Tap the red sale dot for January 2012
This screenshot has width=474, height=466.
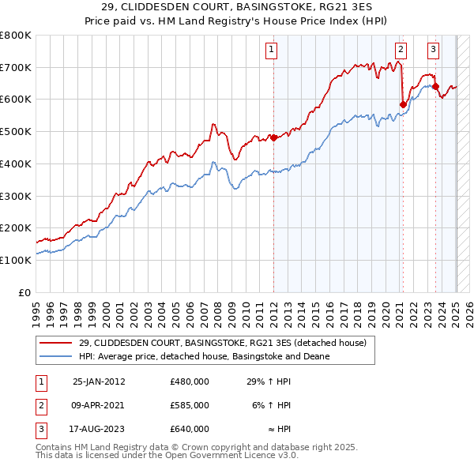click(273, 137)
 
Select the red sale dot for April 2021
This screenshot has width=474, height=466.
click(403, 103)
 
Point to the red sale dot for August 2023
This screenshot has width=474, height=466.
click(435, 86)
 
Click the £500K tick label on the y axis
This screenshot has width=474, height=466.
click(16, 131)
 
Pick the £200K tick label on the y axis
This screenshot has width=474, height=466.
click(16, 227)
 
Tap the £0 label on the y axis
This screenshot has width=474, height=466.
click(24, 292)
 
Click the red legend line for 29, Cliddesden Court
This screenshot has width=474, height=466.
click(57, 344)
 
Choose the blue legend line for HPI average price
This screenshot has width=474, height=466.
click(57, 357)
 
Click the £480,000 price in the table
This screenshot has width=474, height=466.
click(190, 381)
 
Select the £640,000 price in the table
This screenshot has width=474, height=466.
click(190, 429)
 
